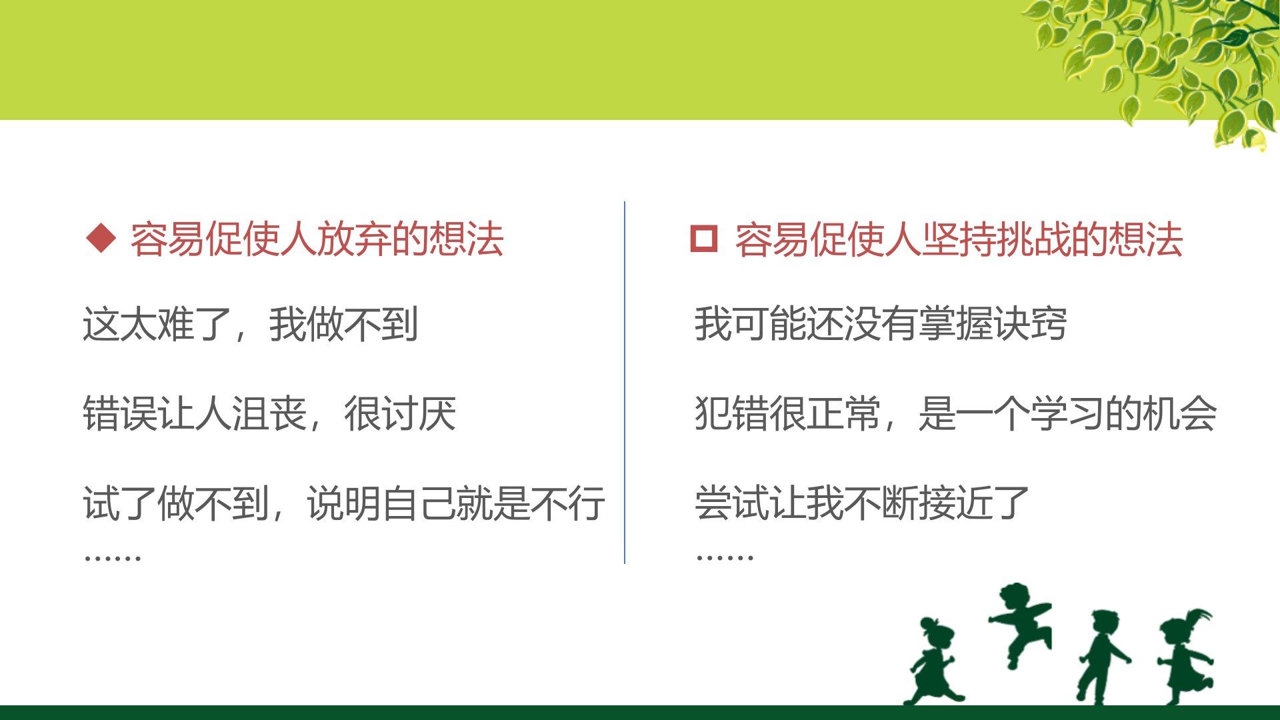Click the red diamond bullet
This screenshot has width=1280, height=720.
[x=101, y=239]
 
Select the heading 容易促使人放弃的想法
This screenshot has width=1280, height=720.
[x=317, y=239]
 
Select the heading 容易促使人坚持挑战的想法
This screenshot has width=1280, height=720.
[x=959, y=239]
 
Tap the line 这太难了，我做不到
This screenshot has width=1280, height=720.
[x=251, y=325]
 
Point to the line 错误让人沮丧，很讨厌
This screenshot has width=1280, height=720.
[x=269, y=413]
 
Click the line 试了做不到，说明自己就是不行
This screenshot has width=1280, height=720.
[x=344, y=503]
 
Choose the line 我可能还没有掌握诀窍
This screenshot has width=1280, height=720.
[x=881, y=324]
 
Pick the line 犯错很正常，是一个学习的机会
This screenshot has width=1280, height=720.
[x=955, y=413]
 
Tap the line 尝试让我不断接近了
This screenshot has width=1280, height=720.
[x=862, y=503]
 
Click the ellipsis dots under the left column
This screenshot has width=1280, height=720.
[x=112, y=557]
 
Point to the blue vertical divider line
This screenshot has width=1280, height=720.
[x=625, y=383]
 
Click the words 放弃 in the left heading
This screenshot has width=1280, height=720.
[x=354, y=239]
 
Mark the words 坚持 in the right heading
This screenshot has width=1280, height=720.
[x=959, y=239]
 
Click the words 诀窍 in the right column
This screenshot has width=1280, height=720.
[x=1030, y=324]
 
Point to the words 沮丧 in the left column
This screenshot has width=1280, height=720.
[x=269, y=413]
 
